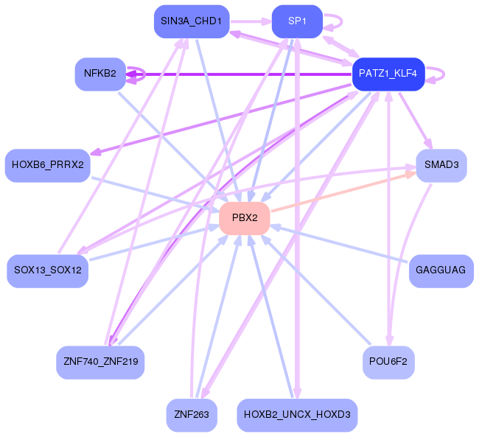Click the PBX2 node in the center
click(245, 218)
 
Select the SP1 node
click(297, 21)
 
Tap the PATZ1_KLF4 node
click(388, 74)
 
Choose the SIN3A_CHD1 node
click(191, 21)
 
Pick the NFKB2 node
click(100, 74)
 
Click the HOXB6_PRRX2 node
click(47, 164)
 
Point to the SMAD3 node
click(441, 164)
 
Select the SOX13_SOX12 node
click(47, 270)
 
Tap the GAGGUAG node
click(441, 270)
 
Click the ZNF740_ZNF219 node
click(100, 362)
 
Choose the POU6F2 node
click(388, 362)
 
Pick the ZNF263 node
click(191, 415)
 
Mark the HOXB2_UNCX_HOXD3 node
click(297, 415)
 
